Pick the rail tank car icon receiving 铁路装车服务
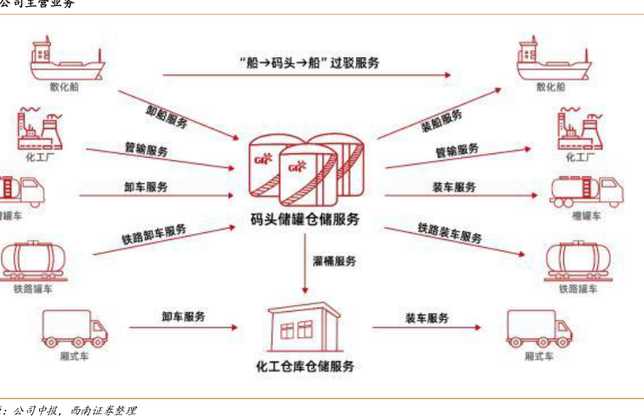[x=577, y=258]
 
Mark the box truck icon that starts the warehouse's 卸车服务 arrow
[x=74, y=328]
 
